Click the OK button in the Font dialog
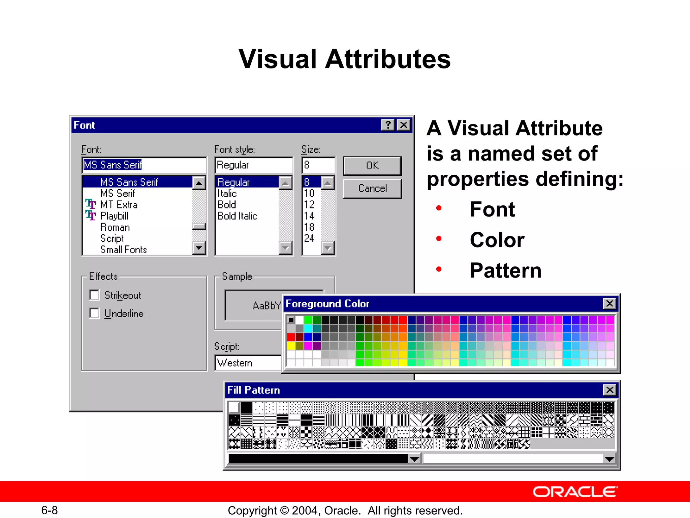tap(372, 166)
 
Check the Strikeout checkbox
tap(94, 295)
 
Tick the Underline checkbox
tap(94, 313)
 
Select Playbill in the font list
tap(114, 216)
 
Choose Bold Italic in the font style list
tap(237, 216)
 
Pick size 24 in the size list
tap(309, 238)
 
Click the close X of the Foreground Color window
tap(609, 304)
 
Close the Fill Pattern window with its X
tap(609, 390)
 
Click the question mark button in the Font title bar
tap(388, 125)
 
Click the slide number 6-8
tap(49, 510)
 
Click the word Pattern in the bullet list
tap(505, 270)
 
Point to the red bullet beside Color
tap(439, 239)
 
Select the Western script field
tap(248, 363)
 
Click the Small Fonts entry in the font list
tap(123, 250)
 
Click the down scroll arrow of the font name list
tap(199, 248)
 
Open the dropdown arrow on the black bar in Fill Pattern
tap(414, 459)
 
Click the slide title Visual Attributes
tap(344, 59)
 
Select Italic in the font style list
tap(227, 194)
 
